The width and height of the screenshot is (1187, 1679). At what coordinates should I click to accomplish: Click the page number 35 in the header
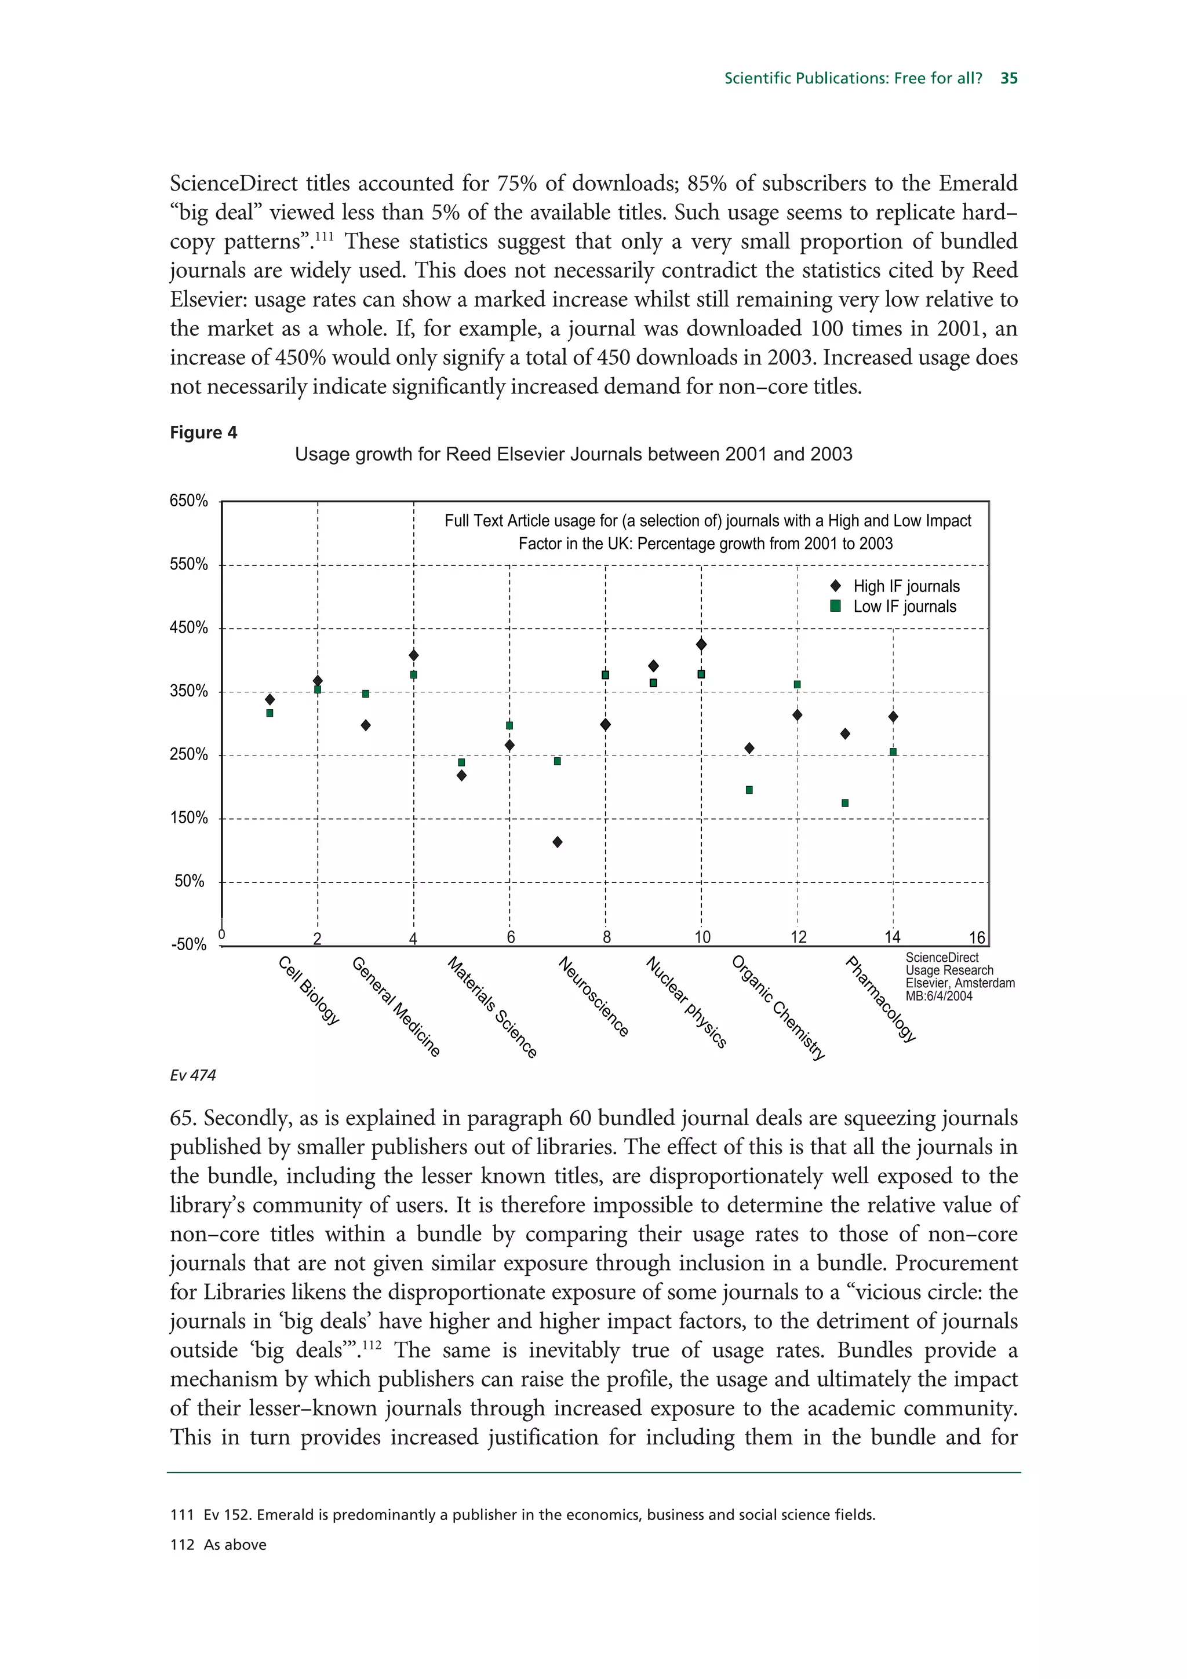[1008, 78]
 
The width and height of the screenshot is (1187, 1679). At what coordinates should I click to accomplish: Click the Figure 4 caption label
[203, 432]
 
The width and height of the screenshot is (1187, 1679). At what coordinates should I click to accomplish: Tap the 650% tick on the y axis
[189, 501]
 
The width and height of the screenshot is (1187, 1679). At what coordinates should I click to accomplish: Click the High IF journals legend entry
[905, 586]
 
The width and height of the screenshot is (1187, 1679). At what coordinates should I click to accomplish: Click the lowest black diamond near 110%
[558, 842]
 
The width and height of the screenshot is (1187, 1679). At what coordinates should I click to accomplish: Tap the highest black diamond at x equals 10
[701, 644]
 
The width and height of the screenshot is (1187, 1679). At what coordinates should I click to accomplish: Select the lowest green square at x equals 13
[844, 803]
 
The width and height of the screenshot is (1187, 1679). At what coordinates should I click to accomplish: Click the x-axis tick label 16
[977, 937]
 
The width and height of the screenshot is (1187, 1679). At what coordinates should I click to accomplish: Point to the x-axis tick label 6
[511, 937]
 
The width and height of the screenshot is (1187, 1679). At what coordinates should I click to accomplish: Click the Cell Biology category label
[310, 990]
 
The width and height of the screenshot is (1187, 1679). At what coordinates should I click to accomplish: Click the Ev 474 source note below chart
[192, 1075]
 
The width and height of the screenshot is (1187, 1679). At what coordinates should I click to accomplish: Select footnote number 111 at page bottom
[181, 1514]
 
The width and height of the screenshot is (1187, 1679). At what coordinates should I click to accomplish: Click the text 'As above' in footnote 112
[235, 1545]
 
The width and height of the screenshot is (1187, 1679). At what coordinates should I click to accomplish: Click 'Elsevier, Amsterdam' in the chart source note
[960, 983]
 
